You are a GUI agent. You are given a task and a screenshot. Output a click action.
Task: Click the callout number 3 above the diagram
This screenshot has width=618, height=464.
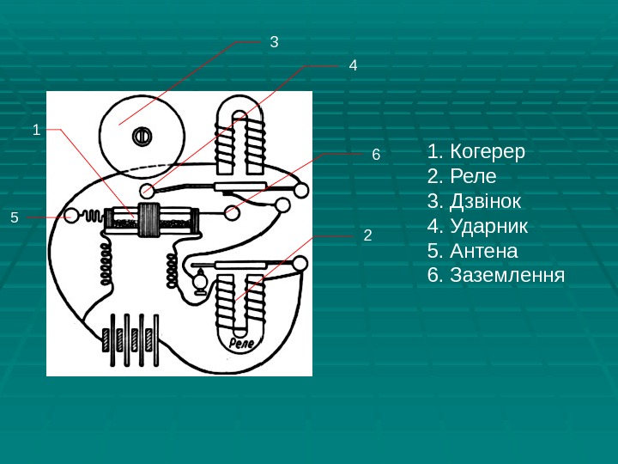[x=275, y=41]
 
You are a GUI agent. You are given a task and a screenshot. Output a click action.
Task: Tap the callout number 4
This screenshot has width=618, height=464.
[x=353, y=65]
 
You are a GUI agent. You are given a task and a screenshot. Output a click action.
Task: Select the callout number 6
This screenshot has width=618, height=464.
[x=375, y=155]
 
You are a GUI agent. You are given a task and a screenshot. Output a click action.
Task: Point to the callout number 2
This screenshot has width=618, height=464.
[x=367, y=234]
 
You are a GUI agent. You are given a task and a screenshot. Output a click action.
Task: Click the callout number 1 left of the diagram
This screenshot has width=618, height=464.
[x=36, y=130]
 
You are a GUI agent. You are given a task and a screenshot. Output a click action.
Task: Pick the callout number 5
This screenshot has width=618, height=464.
[x=14, y=217]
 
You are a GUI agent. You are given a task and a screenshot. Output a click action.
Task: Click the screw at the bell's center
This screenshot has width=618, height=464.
[x=142, y=135]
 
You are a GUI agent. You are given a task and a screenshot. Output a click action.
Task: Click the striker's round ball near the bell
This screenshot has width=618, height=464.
[x=148, y=190]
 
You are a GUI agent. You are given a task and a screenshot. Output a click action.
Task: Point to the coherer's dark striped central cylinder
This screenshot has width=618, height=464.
[x=150, y=220]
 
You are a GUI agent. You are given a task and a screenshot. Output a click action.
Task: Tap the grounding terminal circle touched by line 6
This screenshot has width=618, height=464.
[x=232, y=211]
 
